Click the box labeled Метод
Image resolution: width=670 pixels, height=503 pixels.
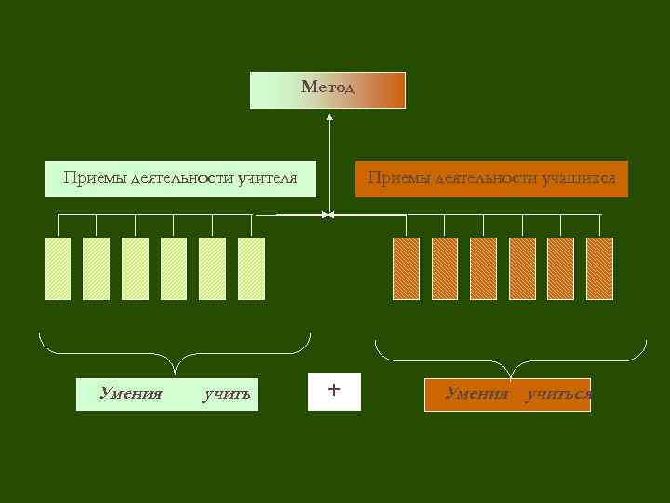[x=328, y=89]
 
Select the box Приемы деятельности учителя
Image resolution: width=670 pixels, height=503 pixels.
[x=181, y=178]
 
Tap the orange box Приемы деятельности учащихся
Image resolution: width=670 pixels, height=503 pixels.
[x=491, y=178]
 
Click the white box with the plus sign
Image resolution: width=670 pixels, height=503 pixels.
[x=334, y=391]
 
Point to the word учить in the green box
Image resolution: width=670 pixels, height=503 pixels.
[x=227, y=394]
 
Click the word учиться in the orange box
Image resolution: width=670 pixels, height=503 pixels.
[x=558, y=394]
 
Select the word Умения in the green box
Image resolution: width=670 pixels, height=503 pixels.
[x=131, y=394]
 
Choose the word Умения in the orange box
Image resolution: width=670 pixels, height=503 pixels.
[x=476, y=394]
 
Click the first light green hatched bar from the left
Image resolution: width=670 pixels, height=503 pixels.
[x=58, y=268]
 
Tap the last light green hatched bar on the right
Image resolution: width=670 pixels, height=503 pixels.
[x=251, y=268]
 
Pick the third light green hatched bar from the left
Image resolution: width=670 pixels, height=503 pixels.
[x=135, y=268]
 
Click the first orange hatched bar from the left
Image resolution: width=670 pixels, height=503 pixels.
[x=406, y=268]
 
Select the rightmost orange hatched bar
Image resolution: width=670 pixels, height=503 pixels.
[x=599, y=268]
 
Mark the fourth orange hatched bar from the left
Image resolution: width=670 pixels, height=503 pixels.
[x=522, y=268]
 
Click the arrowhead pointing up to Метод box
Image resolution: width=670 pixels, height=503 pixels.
[x=329, y=118]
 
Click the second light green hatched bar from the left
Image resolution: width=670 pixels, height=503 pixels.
[x=96, y=268]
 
